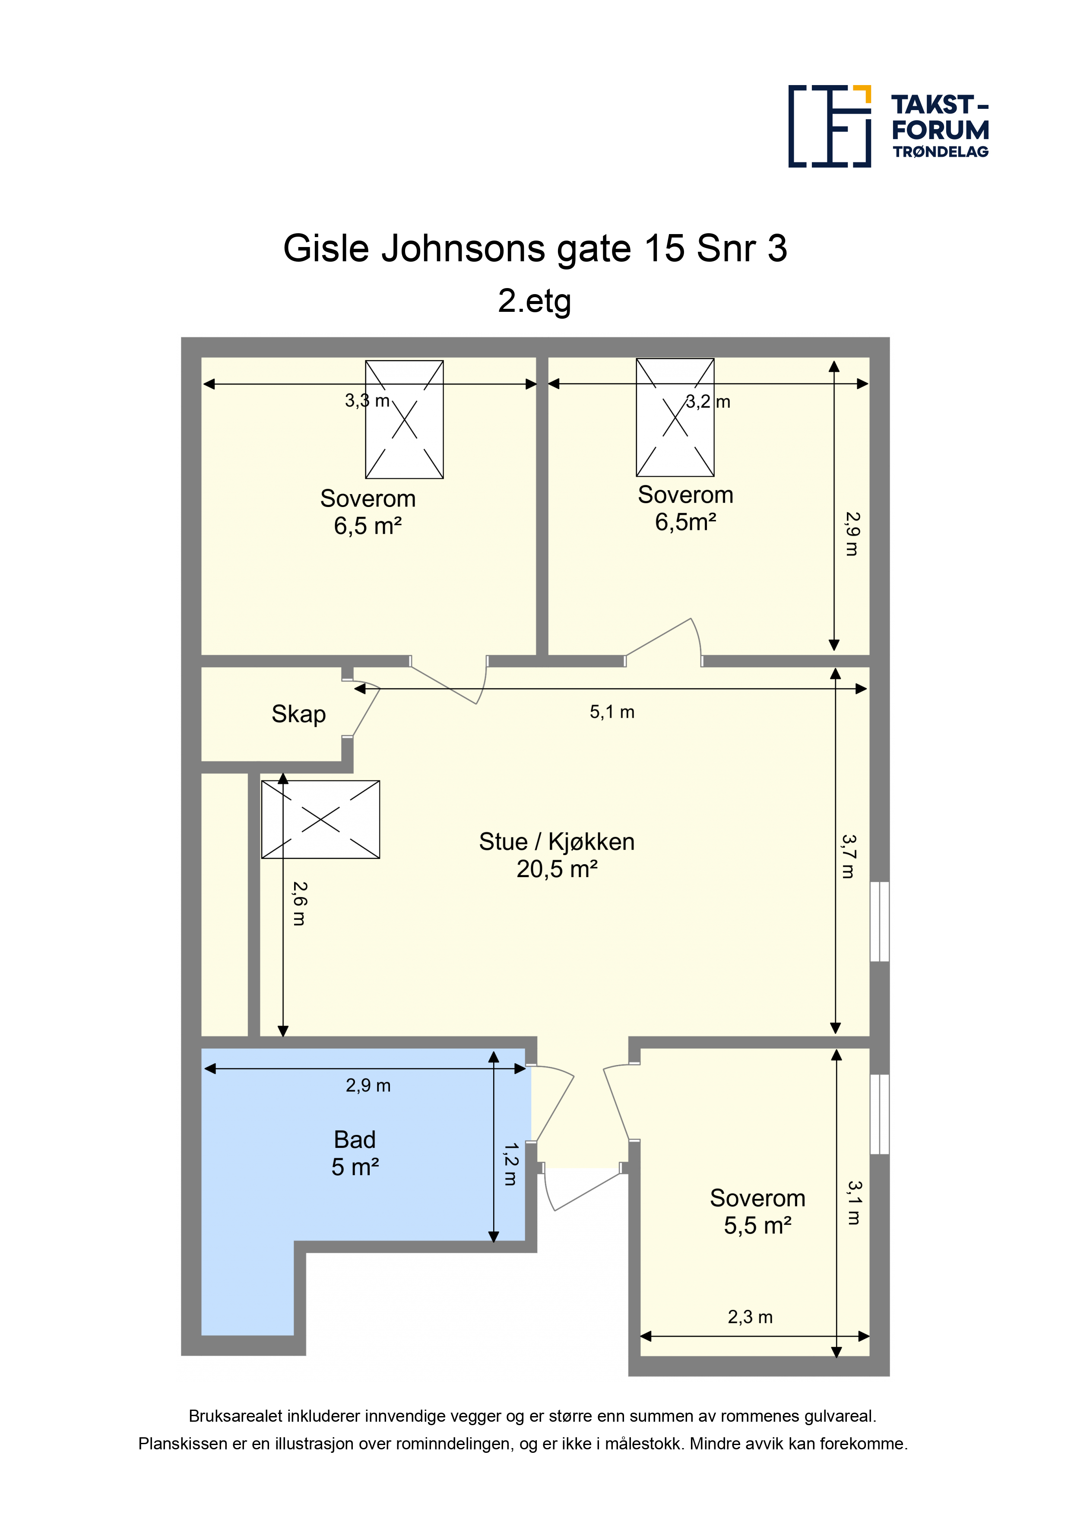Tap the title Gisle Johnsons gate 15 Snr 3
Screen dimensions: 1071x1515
535,249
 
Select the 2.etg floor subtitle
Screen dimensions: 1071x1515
535,301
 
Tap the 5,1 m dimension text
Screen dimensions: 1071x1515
612,712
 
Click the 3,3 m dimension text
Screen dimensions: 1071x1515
368,400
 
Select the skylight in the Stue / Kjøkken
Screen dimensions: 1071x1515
321,820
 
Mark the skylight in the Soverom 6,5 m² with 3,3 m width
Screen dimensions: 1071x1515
405,420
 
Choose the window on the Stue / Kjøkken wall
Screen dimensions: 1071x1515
880,921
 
